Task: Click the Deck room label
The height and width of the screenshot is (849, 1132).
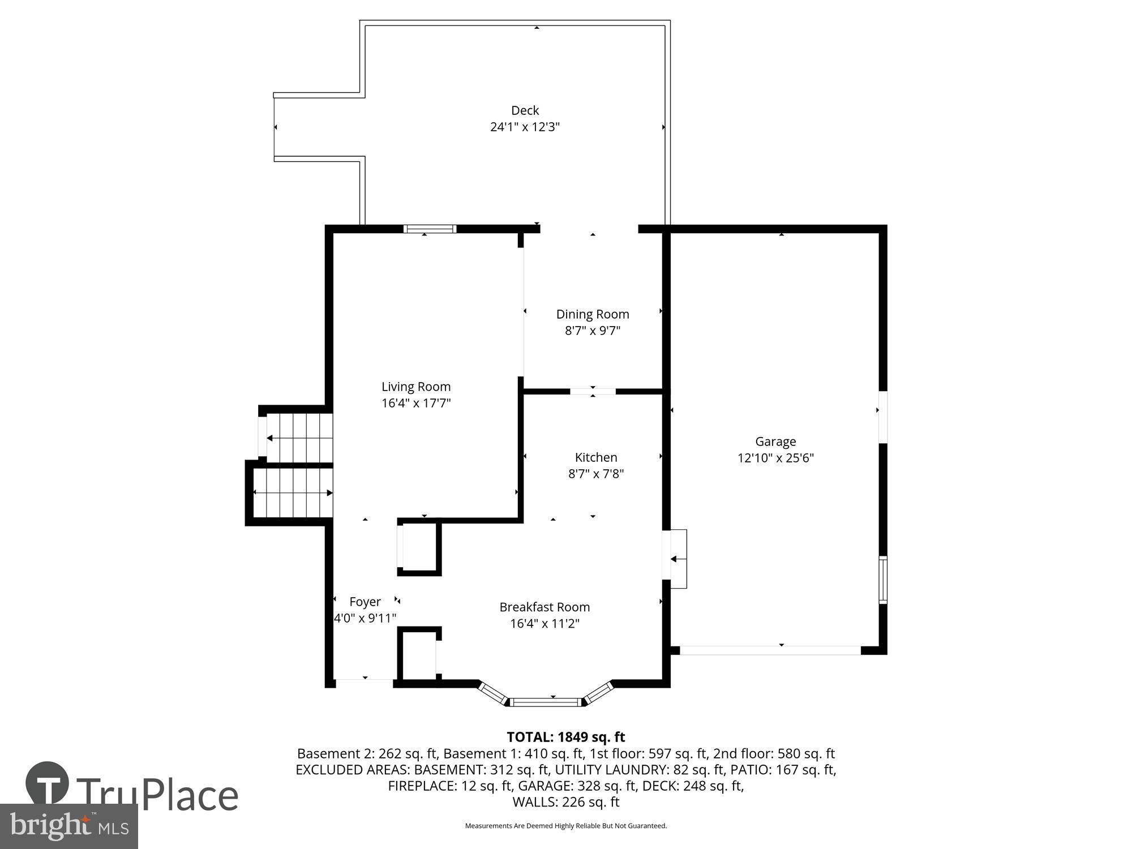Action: [x=525, y=110]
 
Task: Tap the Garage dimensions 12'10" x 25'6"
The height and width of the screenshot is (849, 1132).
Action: [x=775, y=458]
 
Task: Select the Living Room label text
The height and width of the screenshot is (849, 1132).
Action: [x=416, y=387]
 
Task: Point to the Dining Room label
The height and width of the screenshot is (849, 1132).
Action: [x=593, y=314]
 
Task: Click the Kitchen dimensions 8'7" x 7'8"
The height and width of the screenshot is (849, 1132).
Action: [x=596, y=474]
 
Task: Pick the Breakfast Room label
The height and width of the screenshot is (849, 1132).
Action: [x=544, y=607]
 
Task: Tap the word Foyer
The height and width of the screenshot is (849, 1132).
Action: [x=365, y=602]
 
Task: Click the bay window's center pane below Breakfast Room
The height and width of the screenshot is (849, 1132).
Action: [x=545, y=702]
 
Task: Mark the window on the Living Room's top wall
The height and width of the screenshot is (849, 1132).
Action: [x=430, y=229]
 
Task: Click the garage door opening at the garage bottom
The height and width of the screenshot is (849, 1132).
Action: [x=770, y=650]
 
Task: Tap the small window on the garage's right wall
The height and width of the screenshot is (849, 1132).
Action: [x=882, y=580]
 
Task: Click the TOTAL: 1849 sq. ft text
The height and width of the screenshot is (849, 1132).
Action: [x=565, y=737]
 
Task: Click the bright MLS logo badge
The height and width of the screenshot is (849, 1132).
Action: [x=68, y=826]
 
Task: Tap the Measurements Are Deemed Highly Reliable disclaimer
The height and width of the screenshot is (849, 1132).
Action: [x=565, y=826]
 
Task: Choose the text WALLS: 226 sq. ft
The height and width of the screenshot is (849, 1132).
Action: [x=565, y=802]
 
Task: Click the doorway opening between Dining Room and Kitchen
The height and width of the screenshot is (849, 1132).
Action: [x=593, y=391]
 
